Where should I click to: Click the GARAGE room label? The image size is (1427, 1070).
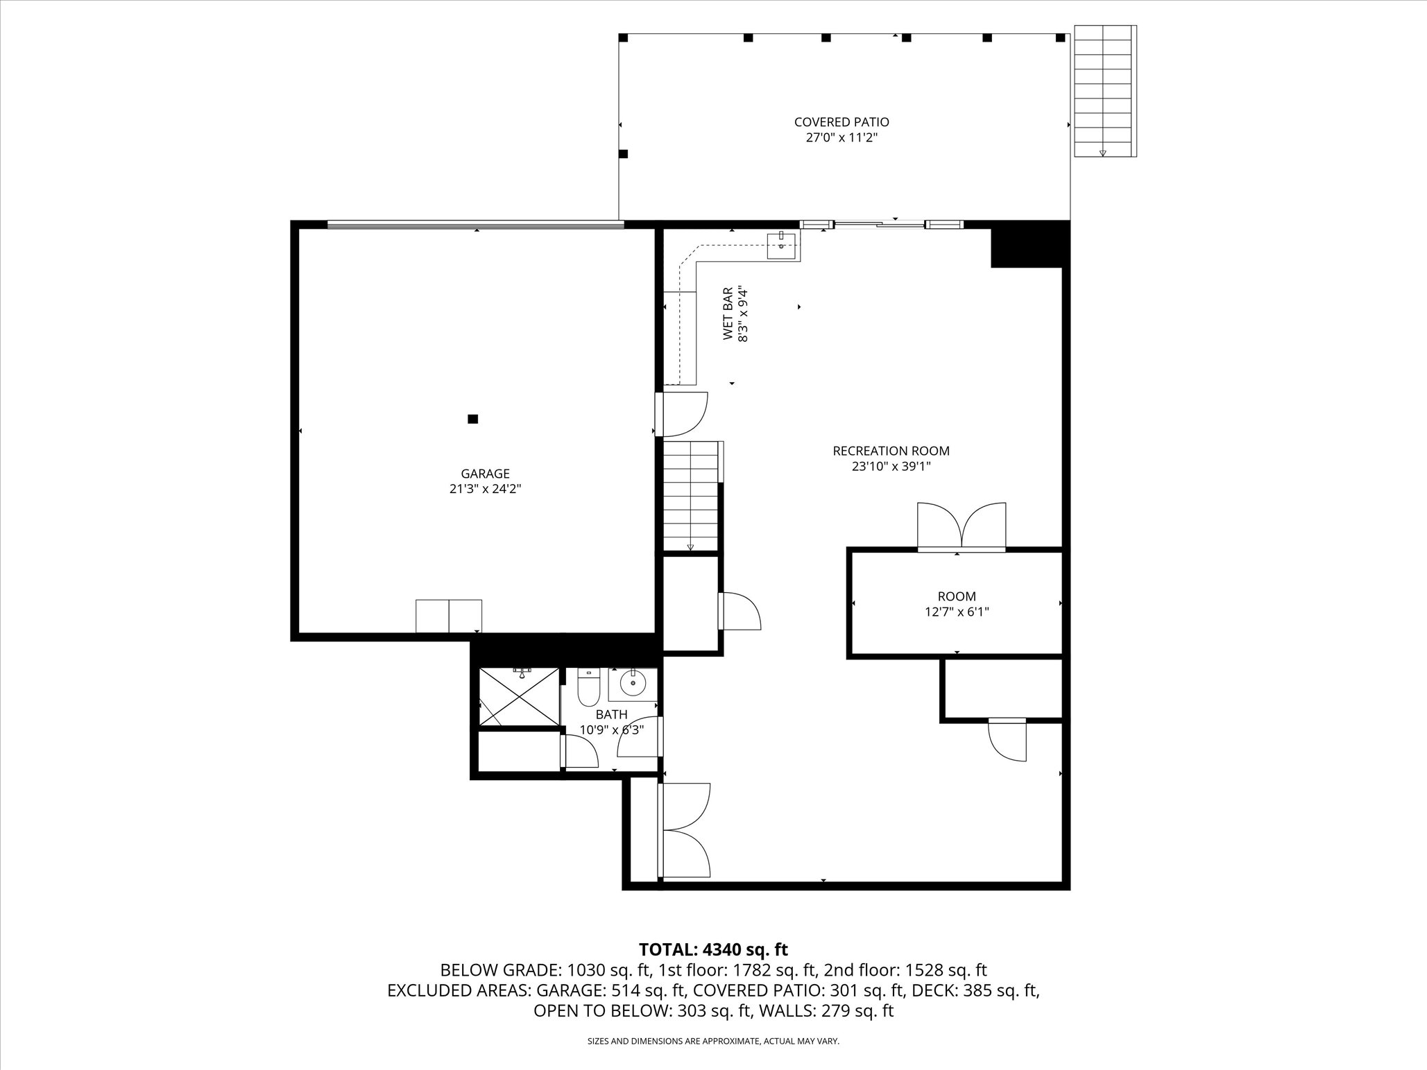[x=485, y=474]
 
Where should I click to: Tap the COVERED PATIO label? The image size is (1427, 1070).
[x=841, y=122]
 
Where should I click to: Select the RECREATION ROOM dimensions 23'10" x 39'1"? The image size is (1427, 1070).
[x=891, y=467]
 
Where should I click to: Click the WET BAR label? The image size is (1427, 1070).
[x=728, y=313]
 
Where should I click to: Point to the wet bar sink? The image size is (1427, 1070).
[x=782, y=244]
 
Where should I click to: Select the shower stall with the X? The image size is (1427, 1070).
[x=518, y=696]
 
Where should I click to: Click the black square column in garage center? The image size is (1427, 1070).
[x=472, y=419]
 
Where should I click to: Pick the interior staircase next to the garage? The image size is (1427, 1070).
[x=690, y=497]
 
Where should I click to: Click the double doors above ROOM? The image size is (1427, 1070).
[x=961, y=527]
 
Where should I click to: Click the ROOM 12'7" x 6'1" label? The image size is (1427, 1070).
[x=957, y=603]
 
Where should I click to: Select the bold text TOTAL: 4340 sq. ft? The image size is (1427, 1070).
[x=712, y=949]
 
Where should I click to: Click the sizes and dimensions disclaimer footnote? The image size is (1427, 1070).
[x=713, y=1041]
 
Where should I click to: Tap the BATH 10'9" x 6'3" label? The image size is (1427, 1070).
[x=611, y=722]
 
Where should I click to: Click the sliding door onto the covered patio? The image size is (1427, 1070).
[x=880, y=224]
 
